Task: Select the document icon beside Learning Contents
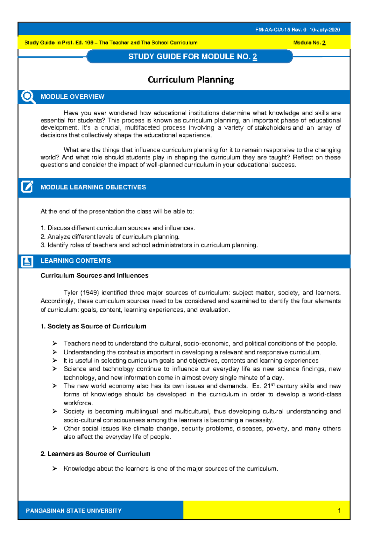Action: (x=27, y=261)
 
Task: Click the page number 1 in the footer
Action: (x=339, y=511)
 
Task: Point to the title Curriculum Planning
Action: (x=191, y=80)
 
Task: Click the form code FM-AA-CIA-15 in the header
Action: (x=273, y=30)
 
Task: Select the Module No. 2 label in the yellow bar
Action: (x=309, y=43)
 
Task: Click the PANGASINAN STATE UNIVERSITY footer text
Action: (x=74, y=511)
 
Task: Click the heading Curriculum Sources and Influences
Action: (x=95, y=275)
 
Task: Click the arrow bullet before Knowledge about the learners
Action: (x=55, y=469)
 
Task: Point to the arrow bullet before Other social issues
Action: (x=55, y=429)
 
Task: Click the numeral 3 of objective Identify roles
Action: (x=43, y=245)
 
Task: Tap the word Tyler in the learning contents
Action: (x=71, y=293)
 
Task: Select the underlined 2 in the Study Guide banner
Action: (x=255, y=57)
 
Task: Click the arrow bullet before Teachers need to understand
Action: (x=55, y=344)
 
